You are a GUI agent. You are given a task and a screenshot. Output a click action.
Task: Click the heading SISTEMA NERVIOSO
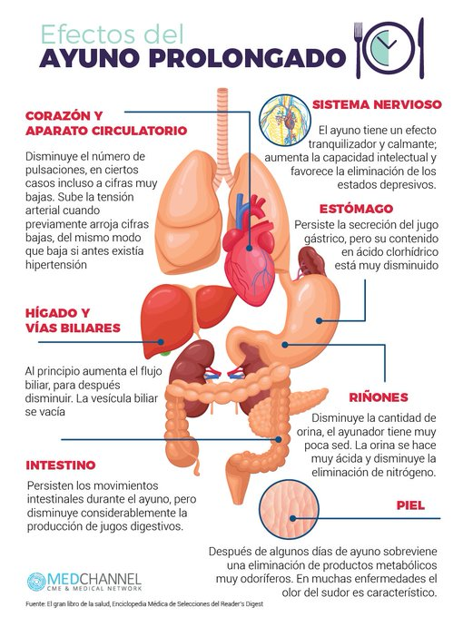click(x=377, y=104)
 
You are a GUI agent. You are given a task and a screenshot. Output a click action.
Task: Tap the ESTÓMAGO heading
click(x=356, y=208)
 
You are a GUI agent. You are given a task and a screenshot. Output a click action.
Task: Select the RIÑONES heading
click(x=379, y=397)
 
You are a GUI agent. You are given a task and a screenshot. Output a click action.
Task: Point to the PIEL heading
click(x=410, y=505)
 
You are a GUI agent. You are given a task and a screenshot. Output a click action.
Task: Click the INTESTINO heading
click(x=61, y=465)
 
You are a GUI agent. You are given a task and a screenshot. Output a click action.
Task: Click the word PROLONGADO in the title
click(x=247, y=58)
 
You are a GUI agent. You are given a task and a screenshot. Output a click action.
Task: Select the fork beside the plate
click(x=359, y=50)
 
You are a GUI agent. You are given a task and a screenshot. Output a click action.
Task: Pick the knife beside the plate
click(x=421, y=48)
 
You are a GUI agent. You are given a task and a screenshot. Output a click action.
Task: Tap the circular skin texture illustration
click(x=290, y=509)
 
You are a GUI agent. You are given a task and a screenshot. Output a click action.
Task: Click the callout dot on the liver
click(x=161, y=342)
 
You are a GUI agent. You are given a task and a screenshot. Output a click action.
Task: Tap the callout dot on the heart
click(x=250, y=248)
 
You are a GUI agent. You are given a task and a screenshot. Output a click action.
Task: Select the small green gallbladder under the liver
click(x=166, y=353)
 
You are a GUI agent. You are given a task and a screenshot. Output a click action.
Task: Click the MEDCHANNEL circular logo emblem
click(x=36, y=582)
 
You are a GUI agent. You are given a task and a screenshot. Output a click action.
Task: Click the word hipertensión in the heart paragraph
click(x=56, y=265)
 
